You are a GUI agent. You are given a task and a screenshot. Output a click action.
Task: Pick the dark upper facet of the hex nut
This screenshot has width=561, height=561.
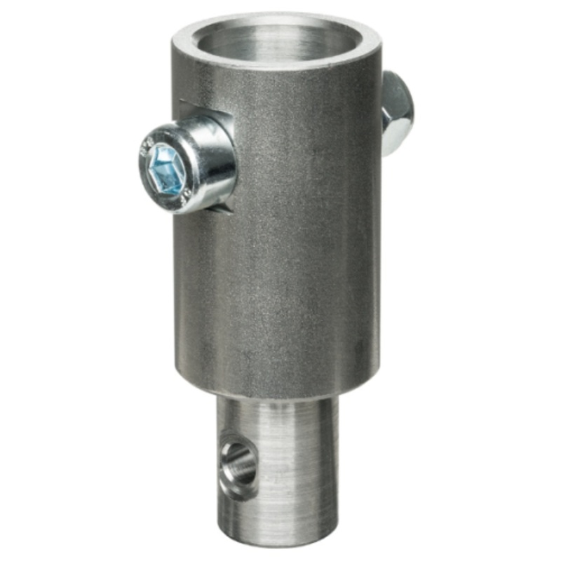pos(397,88)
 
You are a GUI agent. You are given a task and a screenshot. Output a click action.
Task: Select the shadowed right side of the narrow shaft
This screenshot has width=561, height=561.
pos(330,470)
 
